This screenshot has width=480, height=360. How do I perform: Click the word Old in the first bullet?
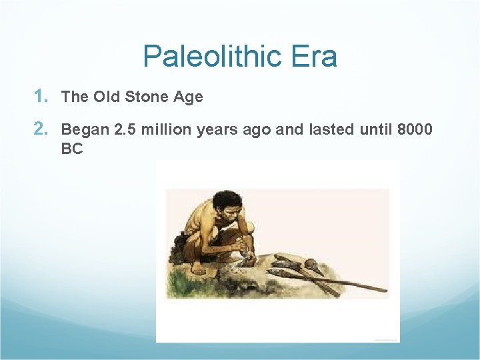(107, 97)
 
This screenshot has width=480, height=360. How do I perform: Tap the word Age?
(188, 97)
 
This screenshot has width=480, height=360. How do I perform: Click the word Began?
(85, 129)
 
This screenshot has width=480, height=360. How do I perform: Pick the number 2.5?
(125, 129)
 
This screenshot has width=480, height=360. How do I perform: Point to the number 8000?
(415, 129)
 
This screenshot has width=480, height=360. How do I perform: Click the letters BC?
(72, 149)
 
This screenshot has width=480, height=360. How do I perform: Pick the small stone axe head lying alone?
(312, 269)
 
